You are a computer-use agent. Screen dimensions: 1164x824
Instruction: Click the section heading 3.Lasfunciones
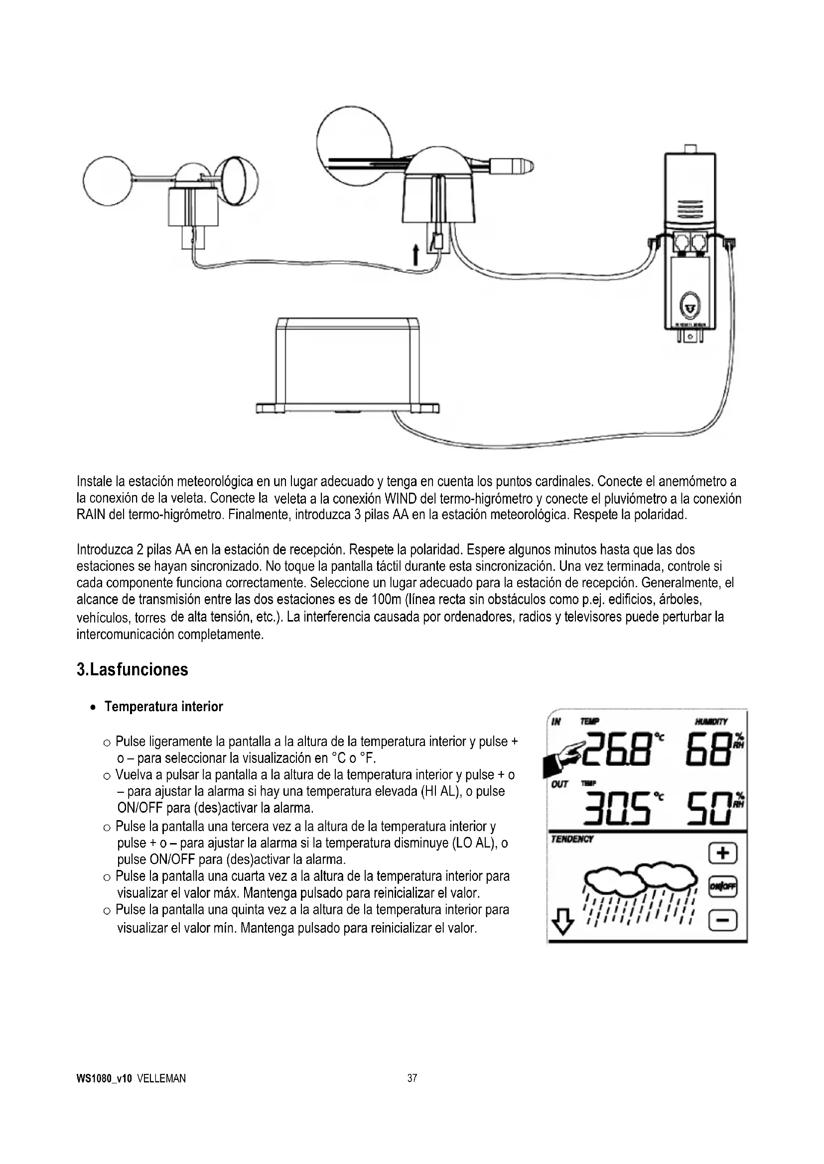coord(132,670)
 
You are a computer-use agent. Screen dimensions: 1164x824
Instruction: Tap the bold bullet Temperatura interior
coord(163,707)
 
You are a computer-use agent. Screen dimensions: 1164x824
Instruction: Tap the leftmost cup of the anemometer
coord(108,180)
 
